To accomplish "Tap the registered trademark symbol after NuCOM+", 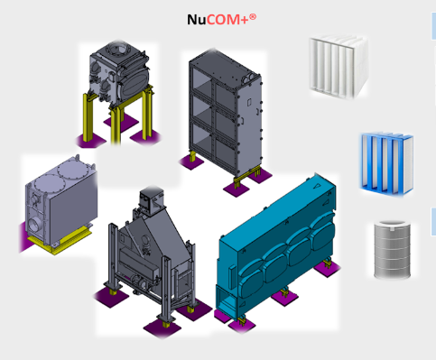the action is click(x=253, y=17).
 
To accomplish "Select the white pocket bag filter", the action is click(x=339, y=67).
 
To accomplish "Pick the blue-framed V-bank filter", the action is click(x=387, y=164).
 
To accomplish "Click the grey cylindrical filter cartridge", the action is click(x=392, y=249).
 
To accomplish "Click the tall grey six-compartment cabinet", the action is click(x=225, y=115).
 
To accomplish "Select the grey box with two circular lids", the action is click(x=61, y=202).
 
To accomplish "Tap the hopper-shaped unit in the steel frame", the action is click(x=151, y=259).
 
